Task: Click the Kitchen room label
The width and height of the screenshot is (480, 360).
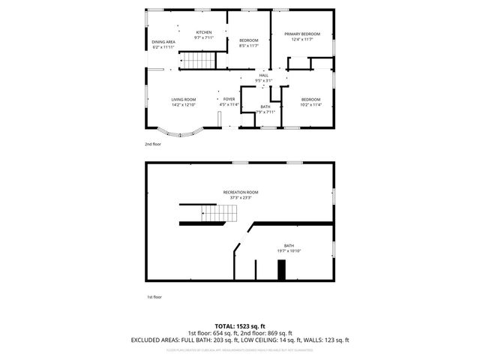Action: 204,32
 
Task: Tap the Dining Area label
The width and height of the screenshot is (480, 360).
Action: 163,42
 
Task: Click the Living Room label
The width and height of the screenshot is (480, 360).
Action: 183,100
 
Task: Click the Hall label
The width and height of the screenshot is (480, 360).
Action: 263,76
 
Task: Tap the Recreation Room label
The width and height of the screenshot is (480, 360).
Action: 240,193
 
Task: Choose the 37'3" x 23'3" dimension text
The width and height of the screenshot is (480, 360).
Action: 240,198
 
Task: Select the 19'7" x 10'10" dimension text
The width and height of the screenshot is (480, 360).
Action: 289,250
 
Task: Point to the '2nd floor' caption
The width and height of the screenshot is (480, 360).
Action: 153,144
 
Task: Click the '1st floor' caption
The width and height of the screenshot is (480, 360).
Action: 153,297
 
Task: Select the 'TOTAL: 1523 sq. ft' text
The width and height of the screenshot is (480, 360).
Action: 240,327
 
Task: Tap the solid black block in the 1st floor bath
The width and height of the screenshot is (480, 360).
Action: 281,270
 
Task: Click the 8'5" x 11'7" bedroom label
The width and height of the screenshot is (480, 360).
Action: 249,40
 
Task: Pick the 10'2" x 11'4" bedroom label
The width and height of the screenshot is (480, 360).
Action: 310,100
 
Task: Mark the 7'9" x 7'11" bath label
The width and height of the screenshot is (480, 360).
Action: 265,106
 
